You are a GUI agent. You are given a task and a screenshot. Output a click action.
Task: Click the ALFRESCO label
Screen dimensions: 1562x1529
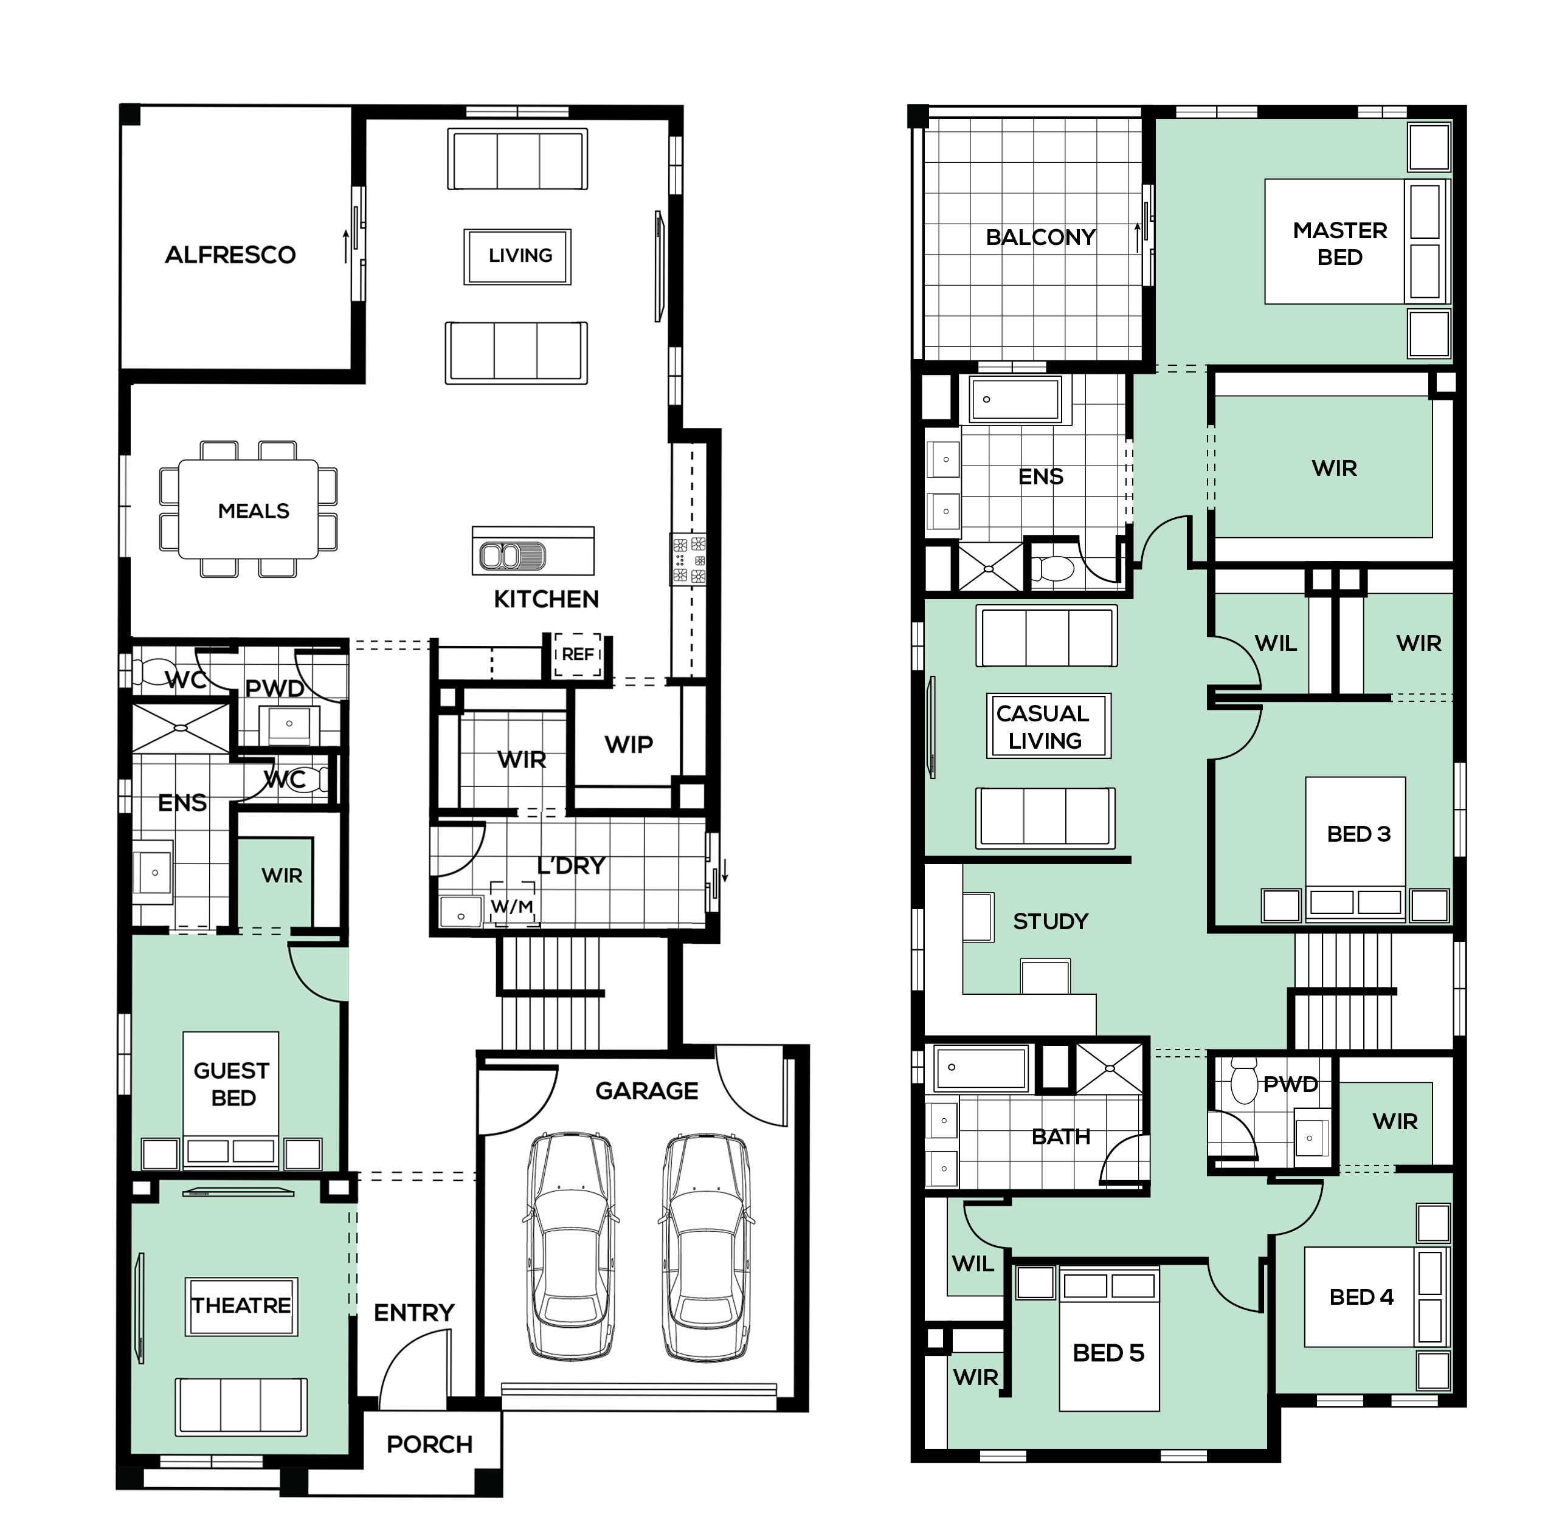point(230,255)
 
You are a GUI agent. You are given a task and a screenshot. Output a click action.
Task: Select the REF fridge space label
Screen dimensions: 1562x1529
point(578,655)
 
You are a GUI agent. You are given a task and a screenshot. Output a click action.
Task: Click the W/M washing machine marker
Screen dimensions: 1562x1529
point(512,907)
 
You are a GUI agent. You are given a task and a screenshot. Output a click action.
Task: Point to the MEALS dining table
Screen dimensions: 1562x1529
point(248,509)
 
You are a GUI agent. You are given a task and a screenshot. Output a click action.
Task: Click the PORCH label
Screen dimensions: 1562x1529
point(430,1444)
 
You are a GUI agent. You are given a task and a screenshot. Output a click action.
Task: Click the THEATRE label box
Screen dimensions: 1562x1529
point(241,1307)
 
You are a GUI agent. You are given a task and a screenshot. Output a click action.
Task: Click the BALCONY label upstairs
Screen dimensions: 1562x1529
point(1040,237)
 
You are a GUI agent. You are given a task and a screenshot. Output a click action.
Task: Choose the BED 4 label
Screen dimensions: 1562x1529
point(1361,1297)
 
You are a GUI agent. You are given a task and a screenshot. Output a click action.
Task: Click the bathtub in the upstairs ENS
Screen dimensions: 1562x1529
point(1015,399)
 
